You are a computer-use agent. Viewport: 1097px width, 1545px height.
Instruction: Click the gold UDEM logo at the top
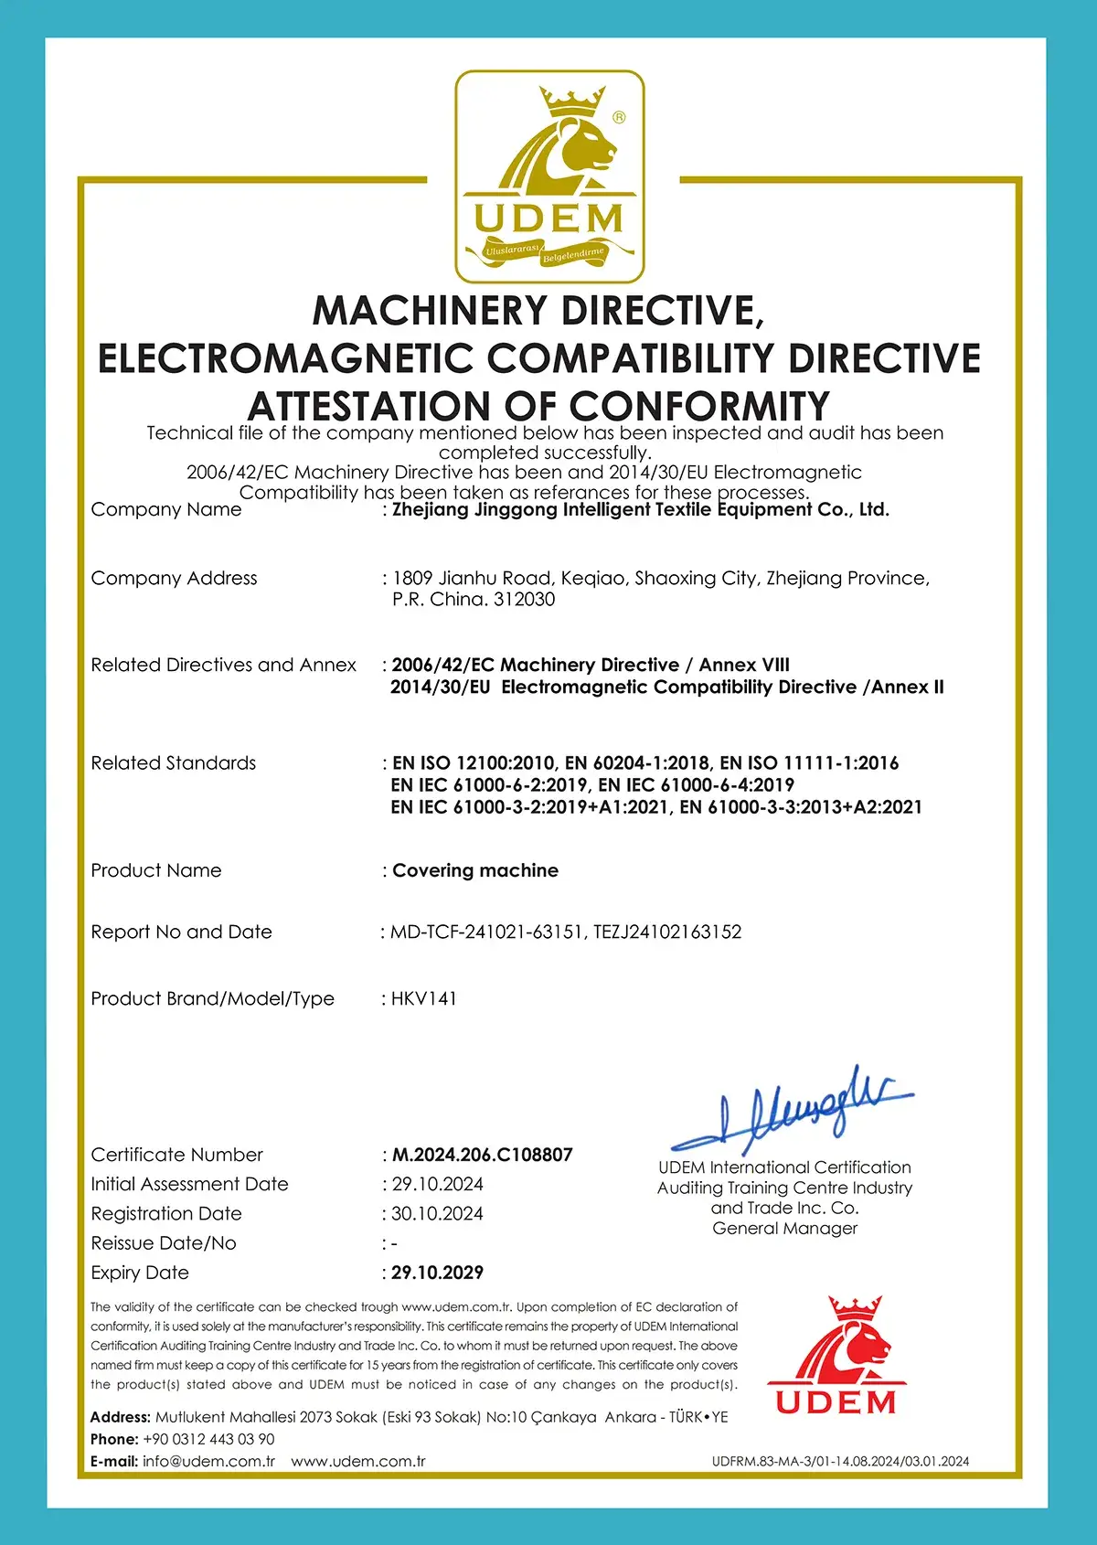click(549, 176)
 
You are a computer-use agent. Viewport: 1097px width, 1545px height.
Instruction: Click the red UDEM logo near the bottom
click(836, 1356)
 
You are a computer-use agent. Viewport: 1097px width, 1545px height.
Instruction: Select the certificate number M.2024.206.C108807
click(482, 1155)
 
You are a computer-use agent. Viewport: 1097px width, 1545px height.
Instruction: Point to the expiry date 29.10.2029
click(437, 1273)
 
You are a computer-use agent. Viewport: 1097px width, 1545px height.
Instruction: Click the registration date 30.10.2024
click(437, 1214)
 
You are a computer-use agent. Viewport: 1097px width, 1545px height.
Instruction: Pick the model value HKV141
click(423, 998)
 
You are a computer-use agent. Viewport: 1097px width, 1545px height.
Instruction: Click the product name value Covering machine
click(474, 870)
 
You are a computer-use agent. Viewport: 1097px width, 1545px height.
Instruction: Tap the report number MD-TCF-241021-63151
click(486, 932)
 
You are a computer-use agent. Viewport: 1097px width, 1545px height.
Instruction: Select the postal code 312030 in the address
click(524, 600)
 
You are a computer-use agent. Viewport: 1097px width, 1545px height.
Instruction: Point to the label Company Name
click(166, 509)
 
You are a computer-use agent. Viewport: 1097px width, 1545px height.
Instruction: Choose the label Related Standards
click(174, 763)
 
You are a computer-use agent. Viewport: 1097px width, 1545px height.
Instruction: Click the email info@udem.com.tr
click(208, 1461)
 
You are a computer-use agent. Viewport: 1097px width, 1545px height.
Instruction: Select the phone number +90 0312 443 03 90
click(208, 1439)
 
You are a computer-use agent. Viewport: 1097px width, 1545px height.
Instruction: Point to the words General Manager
click(785, 1229)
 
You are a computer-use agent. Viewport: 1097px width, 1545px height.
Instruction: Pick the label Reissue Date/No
click(164, 1243)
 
